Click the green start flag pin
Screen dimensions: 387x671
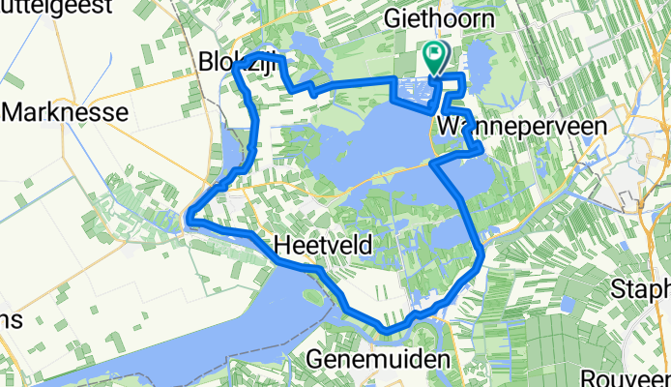click(x=435, y=56)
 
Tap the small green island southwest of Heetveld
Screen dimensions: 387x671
click(x=312, y=296)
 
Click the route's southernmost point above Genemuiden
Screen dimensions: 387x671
click(x=387, y=332)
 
